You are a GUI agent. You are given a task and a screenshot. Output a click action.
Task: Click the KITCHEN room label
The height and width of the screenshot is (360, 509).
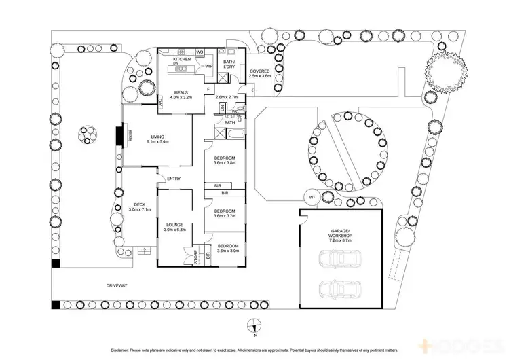(x=181, y=60)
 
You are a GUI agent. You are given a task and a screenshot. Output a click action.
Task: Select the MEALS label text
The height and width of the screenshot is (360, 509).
(x=181, y=94)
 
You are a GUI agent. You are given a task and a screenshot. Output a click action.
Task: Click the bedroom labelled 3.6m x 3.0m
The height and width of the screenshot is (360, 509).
(x=227, y=248)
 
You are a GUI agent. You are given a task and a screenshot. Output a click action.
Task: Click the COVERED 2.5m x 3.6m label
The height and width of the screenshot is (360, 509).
(x=259, y=73)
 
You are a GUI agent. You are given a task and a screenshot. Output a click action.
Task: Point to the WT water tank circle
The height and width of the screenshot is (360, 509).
(x=312, y=197)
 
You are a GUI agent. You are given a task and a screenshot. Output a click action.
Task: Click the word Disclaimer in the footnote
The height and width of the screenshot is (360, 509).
(x=119, y=349)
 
